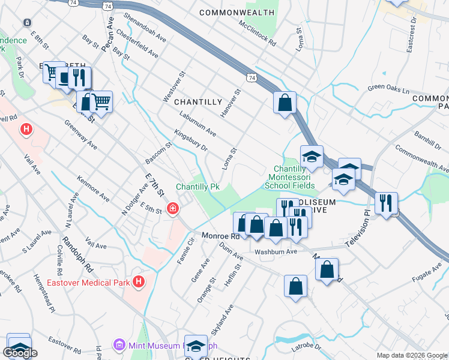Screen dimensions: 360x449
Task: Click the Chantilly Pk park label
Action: pos(197,187)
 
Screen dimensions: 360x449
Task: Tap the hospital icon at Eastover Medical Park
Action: pos(139,281)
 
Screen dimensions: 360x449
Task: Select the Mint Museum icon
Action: pos(119,346)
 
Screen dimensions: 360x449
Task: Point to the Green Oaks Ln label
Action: pos(388,91)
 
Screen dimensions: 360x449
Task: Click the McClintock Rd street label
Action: pos(257,34)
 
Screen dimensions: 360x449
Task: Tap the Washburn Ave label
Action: pos(276,251)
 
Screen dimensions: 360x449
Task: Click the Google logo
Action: pos(20,353)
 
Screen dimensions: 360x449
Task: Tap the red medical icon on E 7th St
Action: pos(173,208)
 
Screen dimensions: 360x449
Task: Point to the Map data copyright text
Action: pos(411,355)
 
